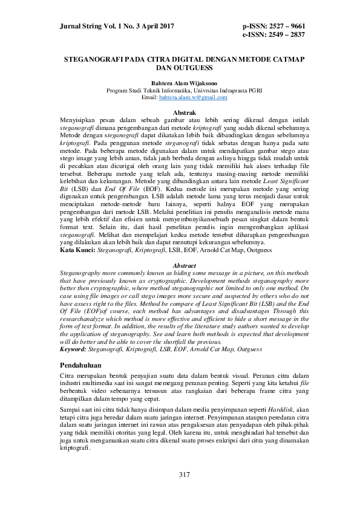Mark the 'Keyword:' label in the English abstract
[x=74, y=349]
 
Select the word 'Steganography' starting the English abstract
[x=81, y=273]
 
